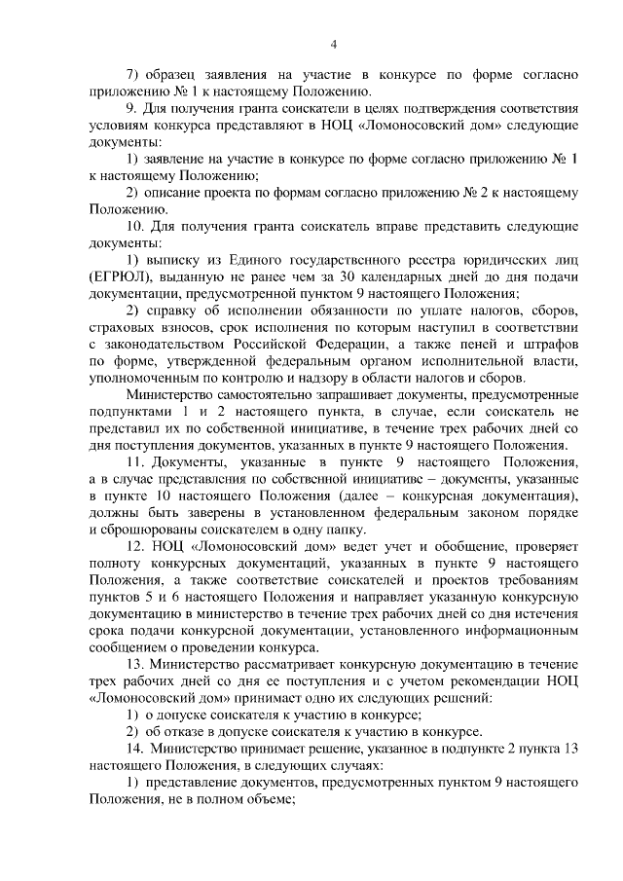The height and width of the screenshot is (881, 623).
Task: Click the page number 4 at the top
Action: pyautogui.click(x=333, y=43)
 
